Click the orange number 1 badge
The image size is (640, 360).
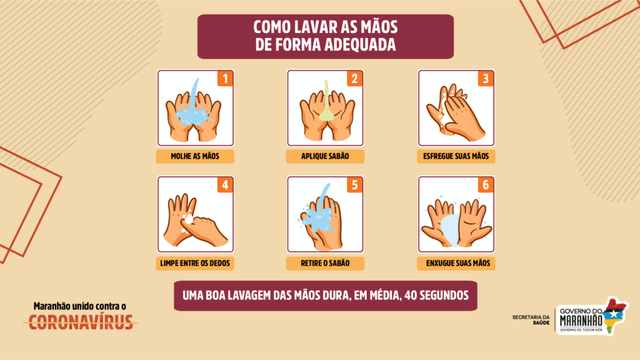[x=225, y=78]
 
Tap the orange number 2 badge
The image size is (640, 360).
[x=355, y=78]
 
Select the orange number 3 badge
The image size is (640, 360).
[x=486, y=78]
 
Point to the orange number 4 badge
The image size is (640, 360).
[x=225, y=185]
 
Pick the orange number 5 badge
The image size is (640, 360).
[x=355, y=185]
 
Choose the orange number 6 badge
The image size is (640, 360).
[x=486, y=185]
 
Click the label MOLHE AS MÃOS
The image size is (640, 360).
[x=195, y=156]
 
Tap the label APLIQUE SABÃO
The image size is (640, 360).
[x=325, y=156]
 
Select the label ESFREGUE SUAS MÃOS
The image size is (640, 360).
[x=456, y=156]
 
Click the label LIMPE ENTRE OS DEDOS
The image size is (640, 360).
[x=195, y=263]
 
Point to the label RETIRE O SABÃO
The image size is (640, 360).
[x=325, y=263]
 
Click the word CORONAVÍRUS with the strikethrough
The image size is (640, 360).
[x=81, y=322]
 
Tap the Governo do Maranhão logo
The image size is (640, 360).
[x=592, y=316]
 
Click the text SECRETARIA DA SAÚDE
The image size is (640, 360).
[x=531, y=320]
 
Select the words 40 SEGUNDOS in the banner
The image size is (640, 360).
[x=436, y=296]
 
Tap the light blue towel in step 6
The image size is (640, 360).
[x=450, y=230]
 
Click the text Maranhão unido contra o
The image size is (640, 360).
[x=80, y=306]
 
